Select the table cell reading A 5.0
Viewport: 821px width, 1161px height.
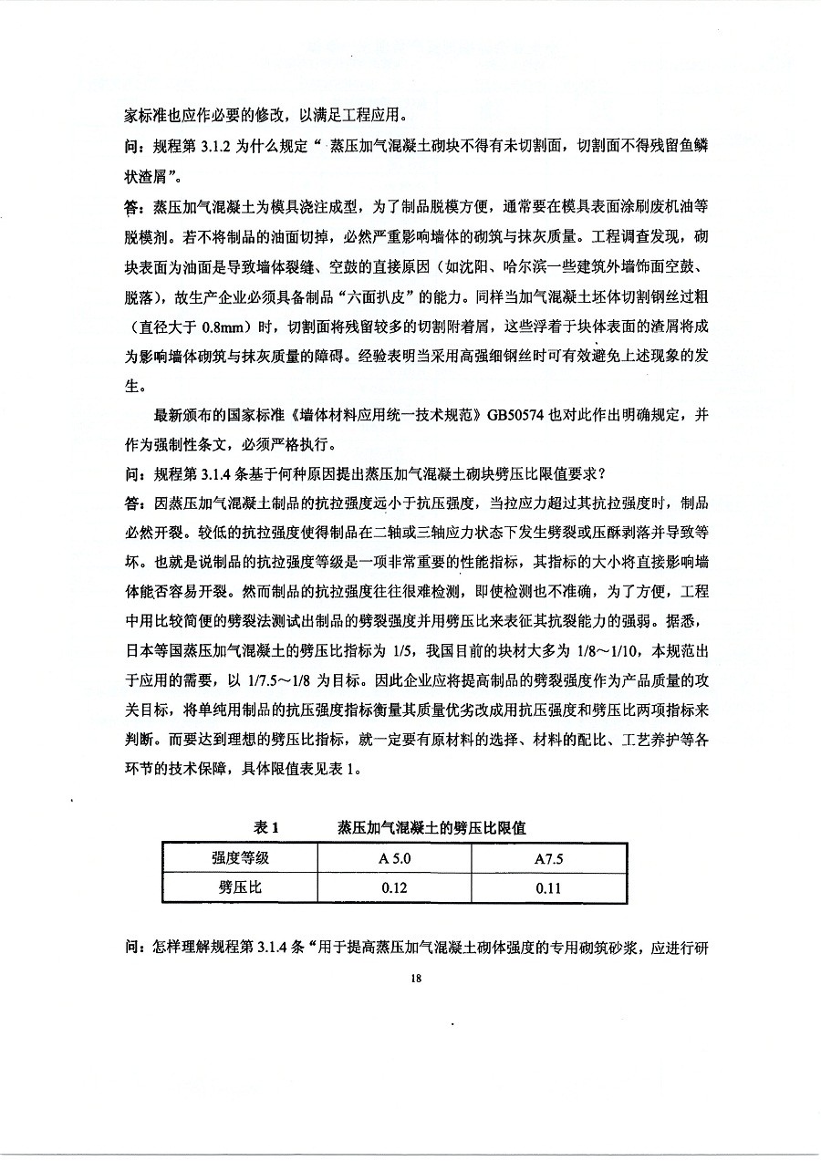pyautogui.click(x=394, y=859)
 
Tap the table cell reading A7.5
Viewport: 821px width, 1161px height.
pyautogui.click(x=548, y=859)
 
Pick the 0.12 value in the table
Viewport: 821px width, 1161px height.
pyautogui.click(x=394, y=887)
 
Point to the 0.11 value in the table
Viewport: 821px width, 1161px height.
pyautogui.click(x=548, y=887)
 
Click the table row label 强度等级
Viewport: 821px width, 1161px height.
pyautogui.click(x=240, y=859)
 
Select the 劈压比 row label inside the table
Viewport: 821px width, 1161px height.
pyautogui.click(x=240, y=887)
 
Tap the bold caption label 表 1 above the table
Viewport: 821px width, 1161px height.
pyautogui.click(x=265, y=827)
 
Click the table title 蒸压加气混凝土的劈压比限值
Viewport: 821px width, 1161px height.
pyautogui.click(x=431, y=827)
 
